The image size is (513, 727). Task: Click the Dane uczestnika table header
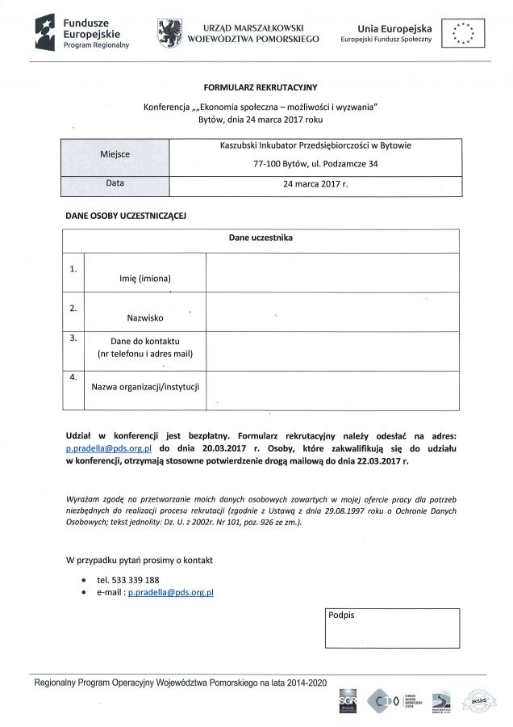260,238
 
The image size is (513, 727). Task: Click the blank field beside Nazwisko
332,311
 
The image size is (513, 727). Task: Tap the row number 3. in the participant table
73,338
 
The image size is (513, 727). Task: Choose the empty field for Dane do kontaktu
332,349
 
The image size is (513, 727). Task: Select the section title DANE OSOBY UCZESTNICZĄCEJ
126,216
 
